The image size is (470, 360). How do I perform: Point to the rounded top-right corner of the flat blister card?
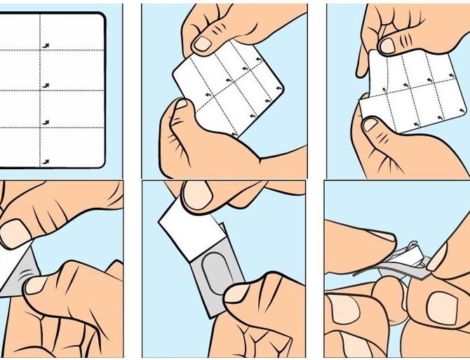100,18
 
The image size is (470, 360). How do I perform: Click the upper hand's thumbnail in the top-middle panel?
202,43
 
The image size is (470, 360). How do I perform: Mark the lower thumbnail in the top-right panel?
372,125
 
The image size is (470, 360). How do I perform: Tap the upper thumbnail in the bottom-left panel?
16,232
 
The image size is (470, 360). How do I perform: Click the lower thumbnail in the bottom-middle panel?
240,292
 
